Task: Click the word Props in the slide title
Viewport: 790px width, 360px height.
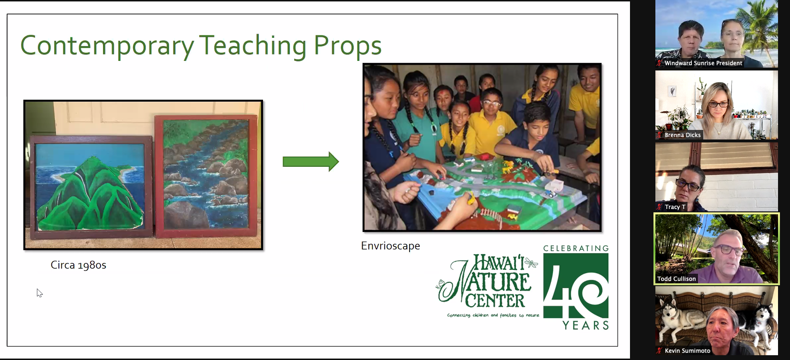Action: pyautogui.click(x=347, y=46)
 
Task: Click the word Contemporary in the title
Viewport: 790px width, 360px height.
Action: pyautogui.click(x=107, y=46)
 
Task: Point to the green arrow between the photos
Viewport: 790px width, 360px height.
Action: pyautogui.click(x=311, y=162)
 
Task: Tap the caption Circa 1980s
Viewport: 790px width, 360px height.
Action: pyautogui.click(x=78, y=265)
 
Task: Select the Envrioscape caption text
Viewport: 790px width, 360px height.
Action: pyautogui.click(x=390, y=245)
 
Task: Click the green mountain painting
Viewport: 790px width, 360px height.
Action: pyautogui.click(x=91, y=187)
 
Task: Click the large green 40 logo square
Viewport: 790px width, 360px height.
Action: pyautogui.click(x=576, y=286)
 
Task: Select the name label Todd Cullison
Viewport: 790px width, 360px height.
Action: pyautogui.click(x=676, y=279)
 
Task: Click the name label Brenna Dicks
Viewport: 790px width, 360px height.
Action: pyautogui.click(x=682, y=135)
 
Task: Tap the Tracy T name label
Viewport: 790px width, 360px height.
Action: pyautogui.click(x=675, y=207)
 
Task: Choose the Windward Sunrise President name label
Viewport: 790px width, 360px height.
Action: pyautogui.click(x=703, y=63)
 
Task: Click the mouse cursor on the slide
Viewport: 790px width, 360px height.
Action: pyautogui.click(x=39, y=293)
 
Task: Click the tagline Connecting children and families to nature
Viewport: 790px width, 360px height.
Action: pyautogui.click(x=493, y=315)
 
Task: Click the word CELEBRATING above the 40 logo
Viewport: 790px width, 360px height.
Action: pyautogui.click(x=576, y=248)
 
